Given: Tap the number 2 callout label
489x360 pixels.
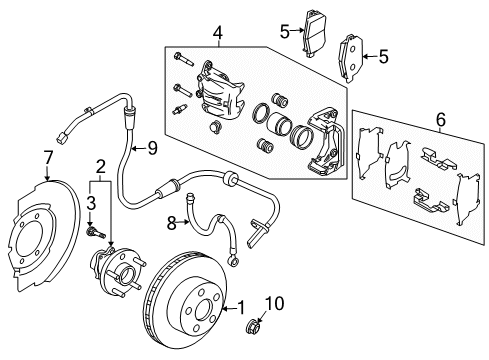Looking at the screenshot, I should click(100, 165).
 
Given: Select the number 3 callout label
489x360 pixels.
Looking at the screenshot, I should click(90, 203).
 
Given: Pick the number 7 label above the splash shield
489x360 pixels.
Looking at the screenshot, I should click(46, 155).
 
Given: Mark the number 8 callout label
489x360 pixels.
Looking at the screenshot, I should click(170, 221).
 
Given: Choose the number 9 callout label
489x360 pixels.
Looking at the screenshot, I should click(152, 148).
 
